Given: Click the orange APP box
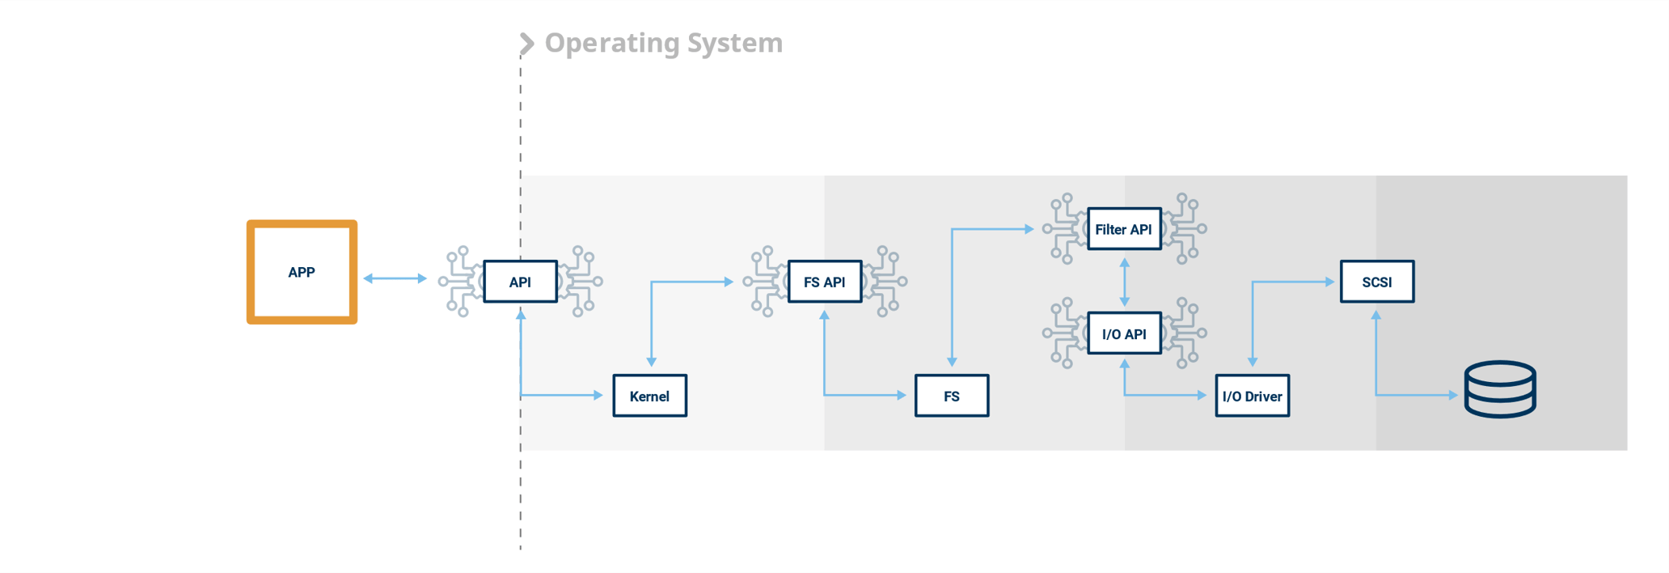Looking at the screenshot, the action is [302, 272].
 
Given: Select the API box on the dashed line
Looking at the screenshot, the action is [520, 282].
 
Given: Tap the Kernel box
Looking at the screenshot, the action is [649, 396].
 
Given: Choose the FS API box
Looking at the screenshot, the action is [825, 282].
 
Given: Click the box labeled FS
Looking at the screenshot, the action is [952, 396].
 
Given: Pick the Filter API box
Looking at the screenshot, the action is [1124, 229].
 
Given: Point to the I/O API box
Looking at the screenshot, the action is [1124, 333].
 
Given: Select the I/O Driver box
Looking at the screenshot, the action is [1253, 396].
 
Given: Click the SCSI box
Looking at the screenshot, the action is [1377, 282].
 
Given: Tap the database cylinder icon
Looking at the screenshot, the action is [1500, 389].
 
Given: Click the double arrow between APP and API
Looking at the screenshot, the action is [395, 278].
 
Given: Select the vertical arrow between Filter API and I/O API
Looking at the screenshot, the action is [1124, 282].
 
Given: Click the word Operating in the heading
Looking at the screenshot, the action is [612, 43].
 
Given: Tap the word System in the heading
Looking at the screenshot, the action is [735, 43].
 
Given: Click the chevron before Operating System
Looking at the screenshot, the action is [526, 44].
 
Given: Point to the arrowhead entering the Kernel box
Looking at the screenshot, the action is [598, 395].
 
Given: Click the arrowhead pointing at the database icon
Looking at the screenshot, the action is [1453, 395].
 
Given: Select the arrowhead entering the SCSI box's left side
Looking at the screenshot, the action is [1330, 282].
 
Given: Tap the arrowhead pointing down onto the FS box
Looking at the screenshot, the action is [952, 362].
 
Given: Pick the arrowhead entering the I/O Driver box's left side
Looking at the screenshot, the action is [1202, 395].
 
